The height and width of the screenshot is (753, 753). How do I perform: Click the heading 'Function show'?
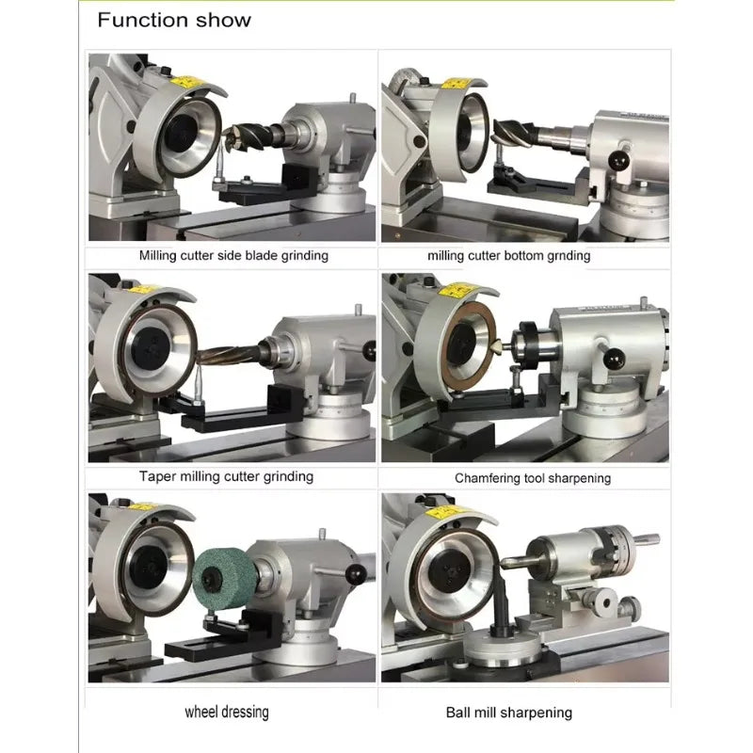click(x=174, y=20)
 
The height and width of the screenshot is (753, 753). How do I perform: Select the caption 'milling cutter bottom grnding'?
click(x=508, y=255)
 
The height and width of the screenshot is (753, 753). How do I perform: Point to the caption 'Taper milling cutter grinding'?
click(x=226, y=476)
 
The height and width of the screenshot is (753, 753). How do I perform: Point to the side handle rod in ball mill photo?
click(x=644, y=539)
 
